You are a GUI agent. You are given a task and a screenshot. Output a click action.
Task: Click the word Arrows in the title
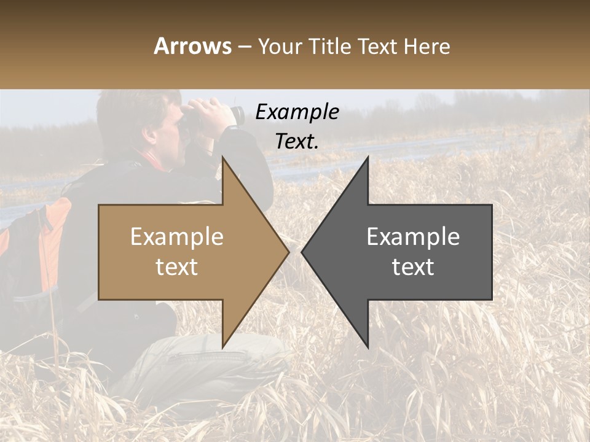(193, 46)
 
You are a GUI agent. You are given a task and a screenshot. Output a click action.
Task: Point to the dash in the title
(245, 47)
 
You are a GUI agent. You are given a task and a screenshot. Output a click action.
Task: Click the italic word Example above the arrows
(297, 112)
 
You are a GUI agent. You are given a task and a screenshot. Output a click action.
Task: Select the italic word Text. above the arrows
(297, 141)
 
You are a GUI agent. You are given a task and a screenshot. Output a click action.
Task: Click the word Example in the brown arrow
(177, 237)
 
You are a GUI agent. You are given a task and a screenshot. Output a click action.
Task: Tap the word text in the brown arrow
(177, 267)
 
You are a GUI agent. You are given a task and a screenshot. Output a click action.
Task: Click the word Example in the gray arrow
(413, 237)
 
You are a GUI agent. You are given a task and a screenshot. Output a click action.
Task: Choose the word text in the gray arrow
(413, 267)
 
